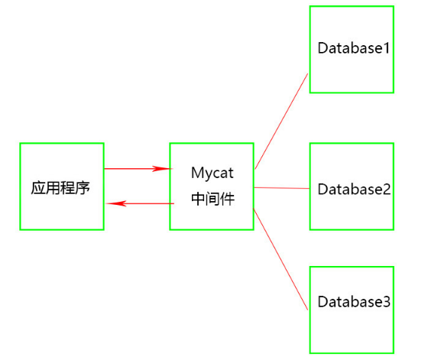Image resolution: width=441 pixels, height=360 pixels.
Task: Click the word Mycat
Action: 212,173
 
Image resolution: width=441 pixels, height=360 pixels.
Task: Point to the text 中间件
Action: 212,199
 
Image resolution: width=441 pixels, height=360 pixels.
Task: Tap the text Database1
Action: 354,48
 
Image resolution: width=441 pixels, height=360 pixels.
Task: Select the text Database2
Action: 354,188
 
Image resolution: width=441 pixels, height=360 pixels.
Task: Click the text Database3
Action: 354,301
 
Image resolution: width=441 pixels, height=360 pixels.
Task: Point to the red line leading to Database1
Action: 281,121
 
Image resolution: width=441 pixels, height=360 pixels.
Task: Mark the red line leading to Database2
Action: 281,187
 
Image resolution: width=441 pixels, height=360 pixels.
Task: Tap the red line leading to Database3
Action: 281,258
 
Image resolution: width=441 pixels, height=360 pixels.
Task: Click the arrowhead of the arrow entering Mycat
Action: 164,168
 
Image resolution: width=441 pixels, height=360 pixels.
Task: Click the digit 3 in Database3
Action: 387,301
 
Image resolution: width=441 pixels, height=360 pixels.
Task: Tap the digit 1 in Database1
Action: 387,48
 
